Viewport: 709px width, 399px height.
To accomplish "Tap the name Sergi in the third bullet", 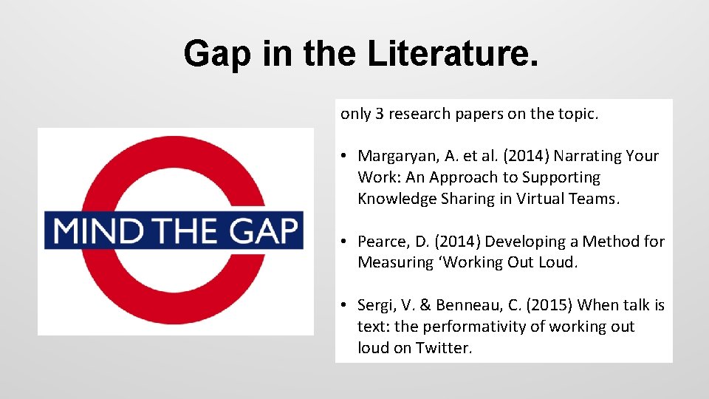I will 376,305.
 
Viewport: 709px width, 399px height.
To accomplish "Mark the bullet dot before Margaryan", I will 345,156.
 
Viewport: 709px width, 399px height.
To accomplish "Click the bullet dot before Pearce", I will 345,242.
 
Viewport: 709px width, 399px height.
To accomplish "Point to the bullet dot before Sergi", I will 345,305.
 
